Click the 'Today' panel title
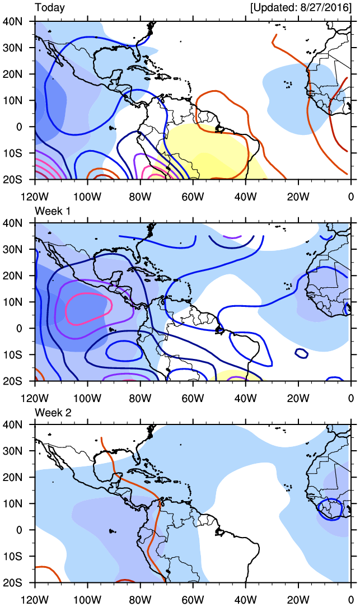[50, 8]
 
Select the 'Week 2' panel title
[53, 412]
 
